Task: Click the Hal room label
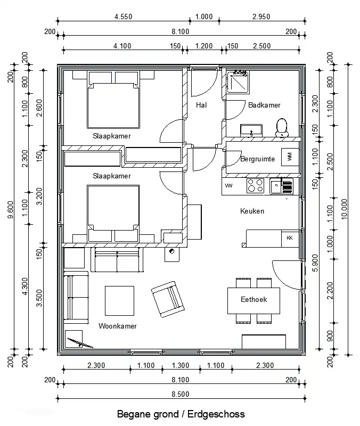201,105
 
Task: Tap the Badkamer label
264,105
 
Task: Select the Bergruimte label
258,159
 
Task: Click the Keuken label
252,211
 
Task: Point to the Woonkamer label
118,326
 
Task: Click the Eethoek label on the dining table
253,300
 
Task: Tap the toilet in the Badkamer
281,127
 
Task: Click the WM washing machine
290,157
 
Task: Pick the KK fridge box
290,237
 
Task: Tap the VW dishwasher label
229,186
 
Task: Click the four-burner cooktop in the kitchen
255,186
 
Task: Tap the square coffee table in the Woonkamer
119,301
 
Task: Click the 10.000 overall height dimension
344,209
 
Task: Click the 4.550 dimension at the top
124,17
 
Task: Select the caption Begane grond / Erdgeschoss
181,414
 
